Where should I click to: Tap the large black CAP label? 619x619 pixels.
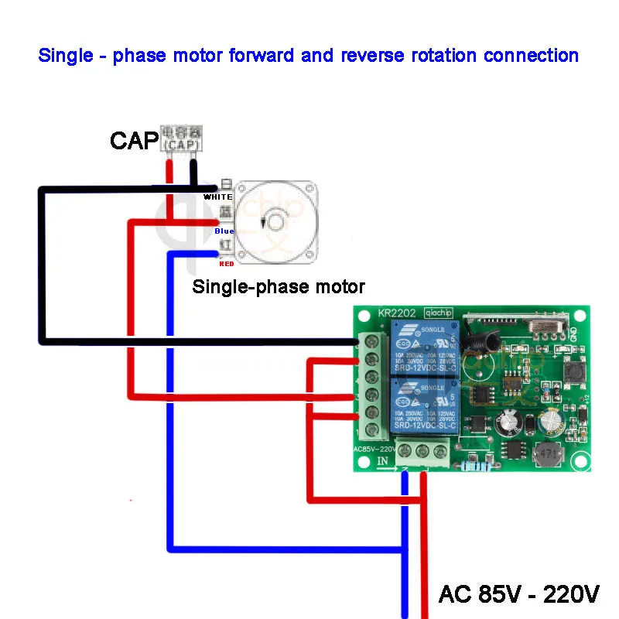tap(134, 141)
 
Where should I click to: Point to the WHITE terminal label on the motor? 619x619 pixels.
tap(217, 197)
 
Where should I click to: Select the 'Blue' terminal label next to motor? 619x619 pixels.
tap(224, 231)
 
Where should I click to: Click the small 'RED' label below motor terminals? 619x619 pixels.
tap(226, 264)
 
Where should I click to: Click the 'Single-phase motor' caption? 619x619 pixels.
tap(279, 287)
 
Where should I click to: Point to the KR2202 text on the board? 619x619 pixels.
tap(397, 313)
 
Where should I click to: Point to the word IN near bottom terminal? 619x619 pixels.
tap(382, 461)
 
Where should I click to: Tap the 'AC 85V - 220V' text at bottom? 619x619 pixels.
tap(518, 594)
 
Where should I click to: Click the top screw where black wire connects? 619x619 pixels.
tap(371, 342)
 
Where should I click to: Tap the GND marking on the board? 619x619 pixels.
tap(573, 333)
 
